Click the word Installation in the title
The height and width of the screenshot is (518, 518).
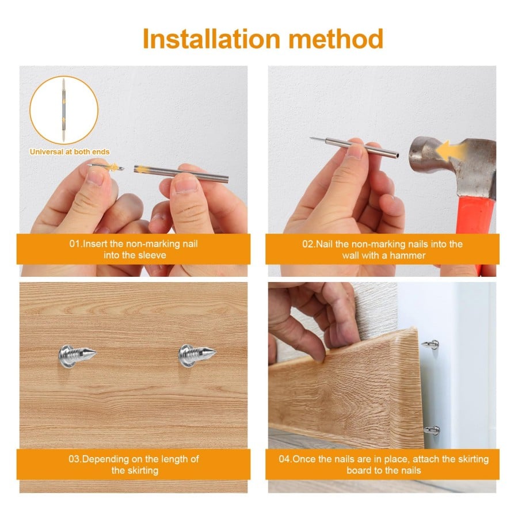tap(211, 39)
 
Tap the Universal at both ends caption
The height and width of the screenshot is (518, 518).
tap(70, 152)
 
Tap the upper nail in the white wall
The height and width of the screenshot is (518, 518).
tap(430, 345)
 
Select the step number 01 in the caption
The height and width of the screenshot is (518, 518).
tap(75, 244)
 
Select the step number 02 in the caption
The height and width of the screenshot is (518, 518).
tap(308, 244)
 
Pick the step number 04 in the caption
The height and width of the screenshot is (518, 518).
tap(285, 459)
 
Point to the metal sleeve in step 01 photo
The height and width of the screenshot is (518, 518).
tap(181, 173)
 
